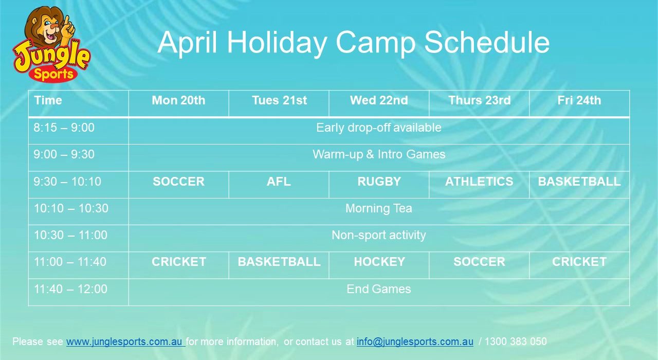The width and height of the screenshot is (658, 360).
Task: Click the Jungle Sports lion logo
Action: click(52, 44)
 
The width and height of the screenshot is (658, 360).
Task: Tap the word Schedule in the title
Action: click(487, 42)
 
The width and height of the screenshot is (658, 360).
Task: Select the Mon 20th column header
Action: click(178, 100)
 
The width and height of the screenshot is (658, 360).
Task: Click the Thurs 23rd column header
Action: click(480, 100)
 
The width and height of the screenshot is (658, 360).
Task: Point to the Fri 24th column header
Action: click(579, 100)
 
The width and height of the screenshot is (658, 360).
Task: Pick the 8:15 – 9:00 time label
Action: click(64, 128)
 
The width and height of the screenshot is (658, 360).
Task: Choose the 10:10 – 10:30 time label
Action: click(71, 208)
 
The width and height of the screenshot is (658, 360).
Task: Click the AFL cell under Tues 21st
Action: click(279, 182)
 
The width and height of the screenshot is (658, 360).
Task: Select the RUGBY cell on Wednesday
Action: click(379, 182)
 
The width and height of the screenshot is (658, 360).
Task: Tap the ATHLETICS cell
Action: click(479, 182)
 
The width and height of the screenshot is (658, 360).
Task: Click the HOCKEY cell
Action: click(379, 262)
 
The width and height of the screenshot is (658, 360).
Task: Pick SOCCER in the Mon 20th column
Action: click(178, 182)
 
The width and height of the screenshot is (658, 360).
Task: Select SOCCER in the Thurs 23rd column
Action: click(479, 262)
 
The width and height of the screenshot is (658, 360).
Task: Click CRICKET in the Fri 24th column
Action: click(579, 262)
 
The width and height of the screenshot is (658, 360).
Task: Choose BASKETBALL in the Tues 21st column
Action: click(279, 262)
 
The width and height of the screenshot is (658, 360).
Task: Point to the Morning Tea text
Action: click(379, 208)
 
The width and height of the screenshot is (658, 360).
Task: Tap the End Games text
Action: click(379, 289)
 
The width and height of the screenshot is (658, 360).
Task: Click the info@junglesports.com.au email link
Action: click(415, 341)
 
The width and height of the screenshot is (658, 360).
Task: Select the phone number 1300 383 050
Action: click(516, 341)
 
